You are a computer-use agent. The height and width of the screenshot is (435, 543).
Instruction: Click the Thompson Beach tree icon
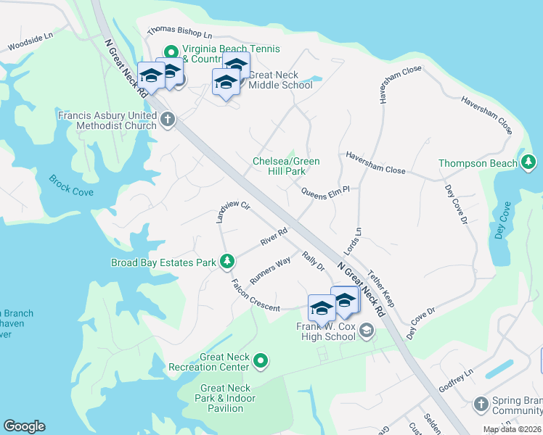(x=528, y=162)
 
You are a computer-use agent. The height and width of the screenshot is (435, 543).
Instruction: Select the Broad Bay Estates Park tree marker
(x=227, y=261)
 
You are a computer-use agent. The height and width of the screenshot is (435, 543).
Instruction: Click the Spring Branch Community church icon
(x=481, y=403)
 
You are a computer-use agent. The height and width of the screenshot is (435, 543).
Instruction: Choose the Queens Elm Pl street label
(x=326, y=190)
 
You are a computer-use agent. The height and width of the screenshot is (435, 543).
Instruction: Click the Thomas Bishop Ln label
(x=179, y=33)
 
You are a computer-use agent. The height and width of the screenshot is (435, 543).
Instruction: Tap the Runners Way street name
(x=269, y=270)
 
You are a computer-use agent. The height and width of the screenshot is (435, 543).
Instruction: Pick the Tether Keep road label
(x=380, y=289)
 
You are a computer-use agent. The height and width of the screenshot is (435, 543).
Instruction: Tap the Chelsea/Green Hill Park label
(x=286, y=165)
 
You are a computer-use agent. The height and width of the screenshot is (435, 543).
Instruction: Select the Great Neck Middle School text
(x=280, y=80)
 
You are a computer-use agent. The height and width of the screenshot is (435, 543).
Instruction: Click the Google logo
(x=24, y=426)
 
